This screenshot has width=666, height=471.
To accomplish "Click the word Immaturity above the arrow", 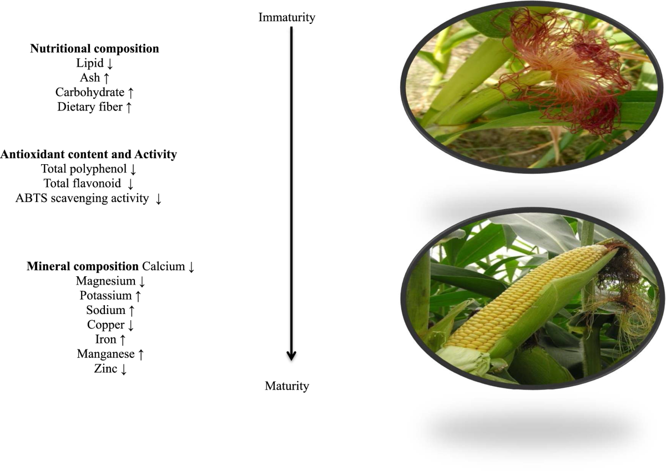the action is (x=286, y=17).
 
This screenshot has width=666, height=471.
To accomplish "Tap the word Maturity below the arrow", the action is (x=286, y=386).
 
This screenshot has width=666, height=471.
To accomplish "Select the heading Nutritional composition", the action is (x=94, y=49).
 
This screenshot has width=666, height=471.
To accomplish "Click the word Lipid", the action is (x=89, y=64).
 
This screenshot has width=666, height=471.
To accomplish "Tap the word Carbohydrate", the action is (x=89, y=93).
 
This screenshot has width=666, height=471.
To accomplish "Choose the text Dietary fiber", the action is (x=89, y=107).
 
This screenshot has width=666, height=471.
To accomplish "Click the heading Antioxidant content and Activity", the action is (x=88, y=155).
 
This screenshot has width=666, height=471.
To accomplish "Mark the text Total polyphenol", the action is (x=84, y=169).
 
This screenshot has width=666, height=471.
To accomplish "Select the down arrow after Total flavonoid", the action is (x=130, y=184).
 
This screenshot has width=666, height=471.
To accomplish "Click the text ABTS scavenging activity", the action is (x=82, y=198).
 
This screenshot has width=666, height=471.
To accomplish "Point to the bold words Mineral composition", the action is (x=83, y=266).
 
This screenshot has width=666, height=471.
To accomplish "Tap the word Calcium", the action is (x=163, y=266).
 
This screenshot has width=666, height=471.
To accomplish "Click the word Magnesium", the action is (x=105, y=281).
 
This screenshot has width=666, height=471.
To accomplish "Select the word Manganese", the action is (x=105, y=353).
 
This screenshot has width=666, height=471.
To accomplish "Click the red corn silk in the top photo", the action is (x=561, y=78).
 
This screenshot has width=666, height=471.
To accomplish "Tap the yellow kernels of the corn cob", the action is (x=522, y=300).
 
